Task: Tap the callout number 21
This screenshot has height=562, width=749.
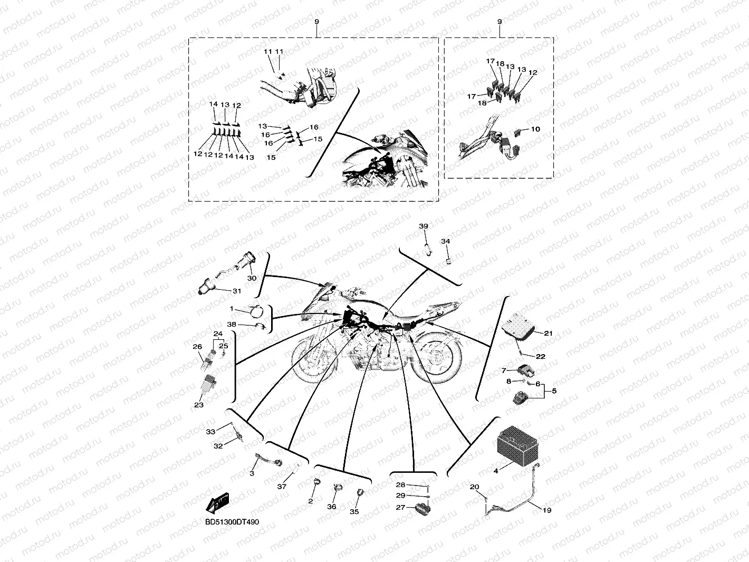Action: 548,333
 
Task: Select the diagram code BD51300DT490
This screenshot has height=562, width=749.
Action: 232,522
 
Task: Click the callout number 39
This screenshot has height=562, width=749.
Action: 424,226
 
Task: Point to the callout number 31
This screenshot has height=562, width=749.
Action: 237,291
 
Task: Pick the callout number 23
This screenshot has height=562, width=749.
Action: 199,405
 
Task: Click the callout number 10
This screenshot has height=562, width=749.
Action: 535,129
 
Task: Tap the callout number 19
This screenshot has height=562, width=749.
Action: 547,510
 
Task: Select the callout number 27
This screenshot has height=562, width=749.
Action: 400,508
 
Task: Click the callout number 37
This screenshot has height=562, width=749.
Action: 282,486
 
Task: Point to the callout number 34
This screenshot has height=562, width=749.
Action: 446,241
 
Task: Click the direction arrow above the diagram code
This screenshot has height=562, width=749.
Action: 217,503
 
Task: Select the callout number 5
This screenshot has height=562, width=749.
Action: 554,390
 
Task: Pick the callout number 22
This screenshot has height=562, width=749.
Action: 541,357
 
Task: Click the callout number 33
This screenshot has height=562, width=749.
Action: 210,432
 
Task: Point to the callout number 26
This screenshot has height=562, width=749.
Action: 198,347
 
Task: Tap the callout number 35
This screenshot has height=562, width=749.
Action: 354,511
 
